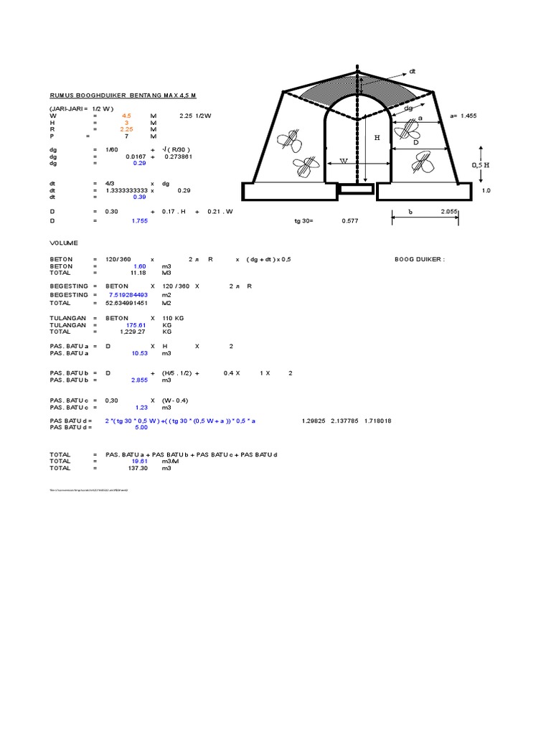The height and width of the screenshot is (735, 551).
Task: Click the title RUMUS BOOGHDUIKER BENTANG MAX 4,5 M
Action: point(123,95)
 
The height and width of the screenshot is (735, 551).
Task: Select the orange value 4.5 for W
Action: point(126,115)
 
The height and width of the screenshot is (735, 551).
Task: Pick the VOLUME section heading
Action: point(64,243)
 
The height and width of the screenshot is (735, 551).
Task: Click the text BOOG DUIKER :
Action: point(420,259)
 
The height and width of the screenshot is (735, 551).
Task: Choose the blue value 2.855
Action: point(138,380)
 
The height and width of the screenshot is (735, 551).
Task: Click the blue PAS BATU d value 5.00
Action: point(141,427)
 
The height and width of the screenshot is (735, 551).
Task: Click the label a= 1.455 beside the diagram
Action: point(463,116)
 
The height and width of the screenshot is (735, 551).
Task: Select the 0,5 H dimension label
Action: point(480,164)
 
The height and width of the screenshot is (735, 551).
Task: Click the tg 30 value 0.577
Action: point(349,222)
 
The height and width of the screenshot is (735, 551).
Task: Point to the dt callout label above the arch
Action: point(413,72)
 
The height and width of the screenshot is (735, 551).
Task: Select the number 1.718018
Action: point(379,421)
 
